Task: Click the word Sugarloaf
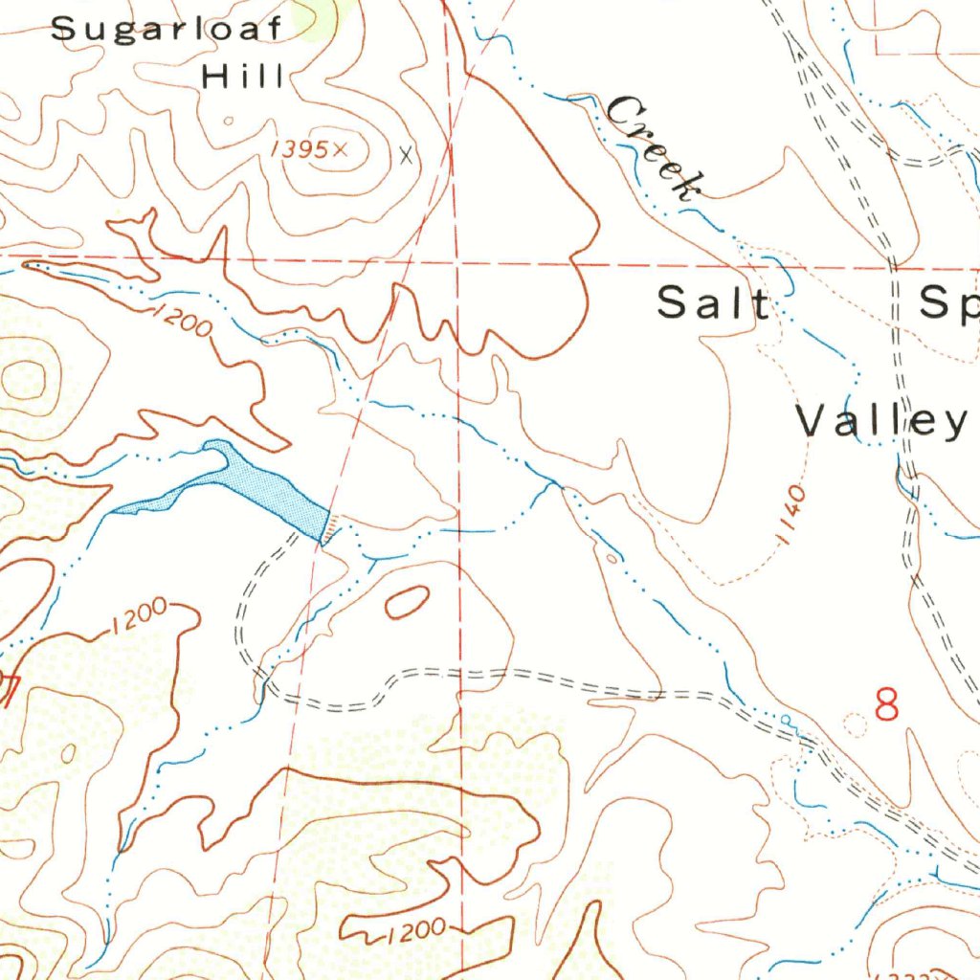[x=167, y=29]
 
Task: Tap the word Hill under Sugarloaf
[x=243, y=77]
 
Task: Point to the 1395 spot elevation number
[x=301, y=148]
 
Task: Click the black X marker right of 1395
[x=409, y=153]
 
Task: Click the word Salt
[x=713, y=303]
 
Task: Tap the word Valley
[x=881, y=421]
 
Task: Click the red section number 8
[x=888, y=706]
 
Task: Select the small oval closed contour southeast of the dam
[x=406, y=602]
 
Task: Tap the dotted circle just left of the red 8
[x=855, y=725]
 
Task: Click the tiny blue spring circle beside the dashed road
[x=786, y=719]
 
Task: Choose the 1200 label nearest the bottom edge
[x=417, y=928]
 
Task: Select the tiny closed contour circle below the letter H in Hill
[x=228, y=122]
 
